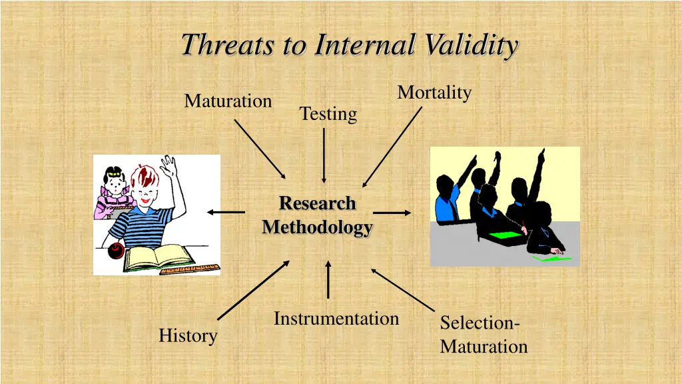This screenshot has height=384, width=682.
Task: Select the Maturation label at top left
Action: [x=228, y=101]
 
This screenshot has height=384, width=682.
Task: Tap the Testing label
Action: [x=328, y=114]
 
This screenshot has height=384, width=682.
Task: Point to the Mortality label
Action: [x=434, y=93]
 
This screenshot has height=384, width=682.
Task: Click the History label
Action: [x=188, y=335]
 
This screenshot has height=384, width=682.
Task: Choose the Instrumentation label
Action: [x=336, y=319]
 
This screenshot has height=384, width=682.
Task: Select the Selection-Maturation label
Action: [x=484, y=335]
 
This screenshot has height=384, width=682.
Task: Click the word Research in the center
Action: [x=317, y=203]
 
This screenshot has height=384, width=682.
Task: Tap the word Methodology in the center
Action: [x=317, y=227]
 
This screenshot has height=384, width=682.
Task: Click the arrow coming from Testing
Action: [x=324, y=155]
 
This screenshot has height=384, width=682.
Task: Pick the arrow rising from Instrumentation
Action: [x=328, y=280]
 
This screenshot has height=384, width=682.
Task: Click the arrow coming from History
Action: [x=253, y=291]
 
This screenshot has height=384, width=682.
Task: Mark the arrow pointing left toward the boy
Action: [x=226, y=212]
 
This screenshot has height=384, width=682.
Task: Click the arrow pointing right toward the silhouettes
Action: [x=392, y=213]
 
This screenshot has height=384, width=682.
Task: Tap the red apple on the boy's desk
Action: [x=116, y=251]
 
